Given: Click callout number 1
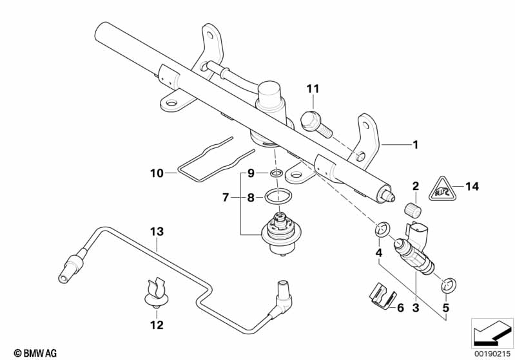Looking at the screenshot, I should point(415,146).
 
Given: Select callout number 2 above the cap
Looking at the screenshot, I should point(416,187).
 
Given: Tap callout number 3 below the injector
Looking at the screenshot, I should point(416,308).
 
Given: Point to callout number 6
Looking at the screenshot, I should point(400,308).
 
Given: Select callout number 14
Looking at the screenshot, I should point(472,187).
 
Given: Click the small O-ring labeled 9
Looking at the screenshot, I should point(276,173).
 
